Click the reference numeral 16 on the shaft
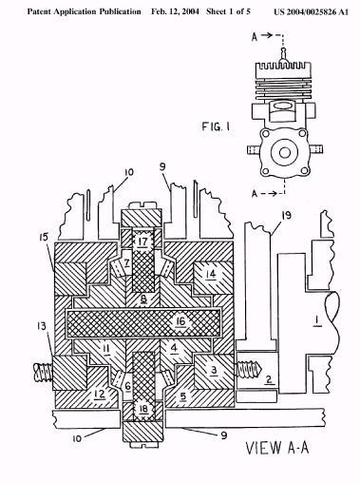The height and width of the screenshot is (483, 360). pos(180,322)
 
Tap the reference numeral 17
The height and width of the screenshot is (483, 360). pos(142,241)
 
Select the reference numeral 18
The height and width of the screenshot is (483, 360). pos(143,409)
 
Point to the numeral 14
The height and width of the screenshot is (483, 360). pos(211,274)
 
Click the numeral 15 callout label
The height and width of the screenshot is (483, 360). pos(44,237)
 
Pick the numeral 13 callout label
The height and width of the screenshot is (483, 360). pos(42,326)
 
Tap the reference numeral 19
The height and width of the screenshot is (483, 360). pos(286,216)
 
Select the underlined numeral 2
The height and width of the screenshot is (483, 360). pos(269,379)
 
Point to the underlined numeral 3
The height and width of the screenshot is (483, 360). pos(215,370)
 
